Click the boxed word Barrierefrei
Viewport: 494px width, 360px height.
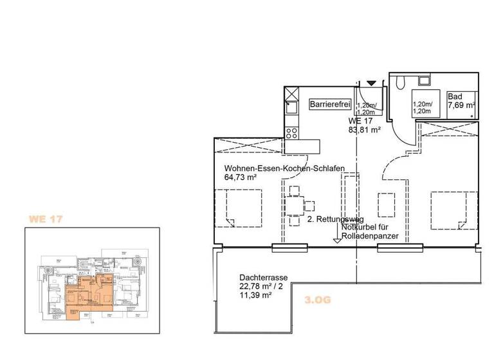[x=330, y=104]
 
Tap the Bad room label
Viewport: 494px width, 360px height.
[x=454, y=96]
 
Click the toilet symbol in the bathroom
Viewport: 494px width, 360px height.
[x=400, y=81]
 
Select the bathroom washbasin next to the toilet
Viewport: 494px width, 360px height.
[x=423, y=80]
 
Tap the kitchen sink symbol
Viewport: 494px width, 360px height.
[x=291, y=106]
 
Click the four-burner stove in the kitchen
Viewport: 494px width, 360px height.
[x=291, y=134]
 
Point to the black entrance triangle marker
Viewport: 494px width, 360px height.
[x=371, y=83]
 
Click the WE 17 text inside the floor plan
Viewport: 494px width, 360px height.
[x=361, y=120]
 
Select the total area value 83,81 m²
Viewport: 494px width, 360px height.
[x=365, y=129]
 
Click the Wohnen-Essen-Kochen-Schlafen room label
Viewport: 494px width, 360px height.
[x=284, y=169]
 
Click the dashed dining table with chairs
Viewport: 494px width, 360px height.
[x=295, y=206]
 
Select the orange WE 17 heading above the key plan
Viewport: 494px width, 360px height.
[x=45, y=219]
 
